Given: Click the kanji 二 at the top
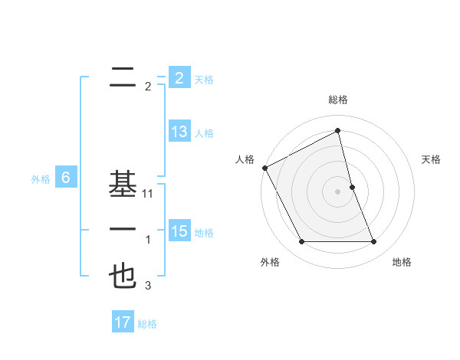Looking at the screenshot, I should click(123, 77).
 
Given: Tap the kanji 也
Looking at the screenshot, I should click(123, 277).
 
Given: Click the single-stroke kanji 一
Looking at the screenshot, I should click(123, 231).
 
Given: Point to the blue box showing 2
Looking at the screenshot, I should click(179, 77).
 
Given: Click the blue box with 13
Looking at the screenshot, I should click(179, 131).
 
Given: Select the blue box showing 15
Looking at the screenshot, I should click(179, 231).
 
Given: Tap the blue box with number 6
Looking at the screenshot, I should click(66, 178).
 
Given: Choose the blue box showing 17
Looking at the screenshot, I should click(123, 322).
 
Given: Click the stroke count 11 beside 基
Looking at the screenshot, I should click(148, 194).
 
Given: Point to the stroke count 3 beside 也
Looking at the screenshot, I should click(148, 286).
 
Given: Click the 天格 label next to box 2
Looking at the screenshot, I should click(204, 79).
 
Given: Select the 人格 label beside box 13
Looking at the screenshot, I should click(204, 133).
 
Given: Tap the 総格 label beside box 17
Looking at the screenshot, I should click(147, 324).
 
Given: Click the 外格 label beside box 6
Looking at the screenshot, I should click(40, 179).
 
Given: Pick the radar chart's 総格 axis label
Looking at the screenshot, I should click(338, 100).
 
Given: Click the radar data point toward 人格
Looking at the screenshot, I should click(264, 168).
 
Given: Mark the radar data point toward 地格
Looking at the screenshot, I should click(374, 242).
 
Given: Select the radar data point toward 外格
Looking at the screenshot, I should click(302, 242).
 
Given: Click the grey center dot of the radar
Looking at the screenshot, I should click(338, 191).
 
